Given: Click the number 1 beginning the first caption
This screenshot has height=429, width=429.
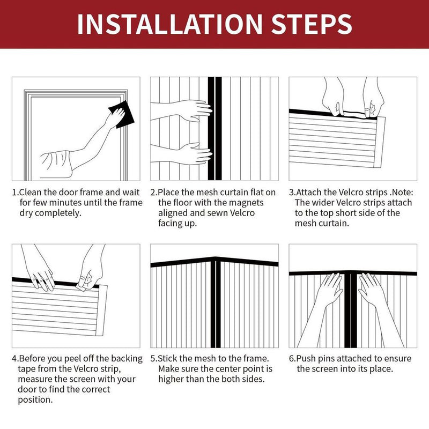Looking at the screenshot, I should pyautogui.click(x=14, y=193).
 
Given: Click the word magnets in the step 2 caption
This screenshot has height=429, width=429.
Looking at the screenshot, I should pyautogui.click(x=247, y=203).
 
